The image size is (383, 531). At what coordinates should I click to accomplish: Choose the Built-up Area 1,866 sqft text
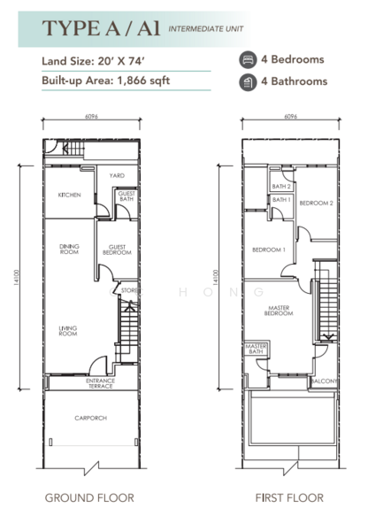(x=104, y=81)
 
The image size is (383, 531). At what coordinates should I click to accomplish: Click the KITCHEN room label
(x=69, y=195)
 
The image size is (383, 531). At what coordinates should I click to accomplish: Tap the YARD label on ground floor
(x=117, y=176)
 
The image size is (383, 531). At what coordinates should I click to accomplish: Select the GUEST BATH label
(x=126, y=196)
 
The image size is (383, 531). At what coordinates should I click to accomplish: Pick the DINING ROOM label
(x=69, y=249)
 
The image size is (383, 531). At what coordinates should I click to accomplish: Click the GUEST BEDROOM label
(x=118, y=250)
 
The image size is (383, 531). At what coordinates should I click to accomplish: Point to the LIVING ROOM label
(x=69, y=330)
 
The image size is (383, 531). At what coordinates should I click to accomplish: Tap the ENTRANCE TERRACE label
(x=100, y=384)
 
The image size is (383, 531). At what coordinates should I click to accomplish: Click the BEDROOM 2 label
(x=316, y=204)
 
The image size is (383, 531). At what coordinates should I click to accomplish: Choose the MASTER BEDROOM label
(x=280, y=311)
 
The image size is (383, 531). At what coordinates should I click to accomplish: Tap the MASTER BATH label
(x=257, y=349)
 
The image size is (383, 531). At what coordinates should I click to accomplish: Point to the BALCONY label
(x=323, y=381)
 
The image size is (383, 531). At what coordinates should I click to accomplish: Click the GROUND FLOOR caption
(x=89, y=498)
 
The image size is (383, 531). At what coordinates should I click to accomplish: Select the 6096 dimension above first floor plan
(x=290, y=117)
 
